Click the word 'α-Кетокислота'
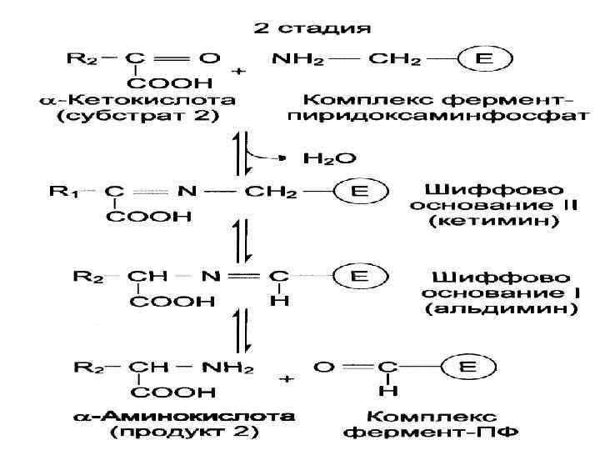click(137, 100)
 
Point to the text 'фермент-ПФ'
click(432, 432)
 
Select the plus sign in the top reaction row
click(239, 72)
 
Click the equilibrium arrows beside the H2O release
click(241, 153)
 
